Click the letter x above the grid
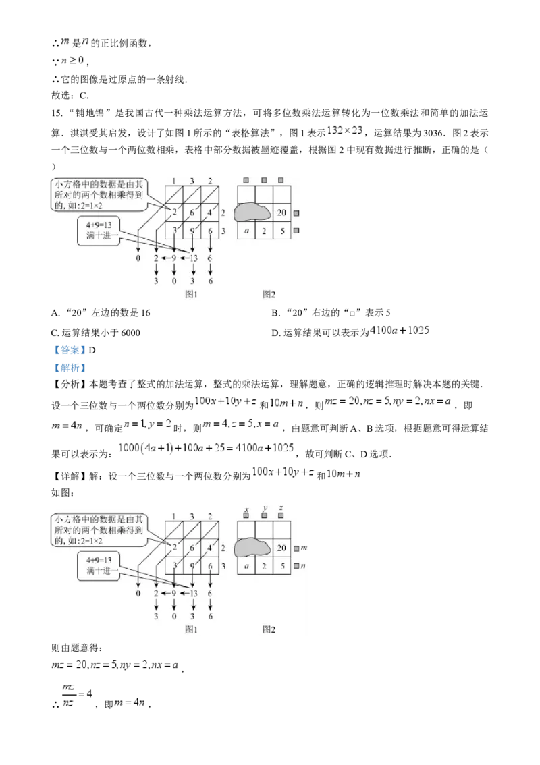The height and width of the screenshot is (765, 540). [246, 507]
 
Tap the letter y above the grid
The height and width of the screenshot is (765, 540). [265, 507]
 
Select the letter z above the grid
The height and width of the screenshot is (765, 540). [281, 507]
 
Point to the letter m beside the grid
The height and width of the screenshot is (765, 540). [303, 548]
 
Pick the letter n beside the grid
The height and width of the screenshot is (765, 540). [303, 567]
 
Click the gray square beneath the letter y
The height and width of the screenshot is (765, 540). [265, 515]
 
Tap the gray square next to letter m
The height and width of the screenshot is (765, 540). [296, 548]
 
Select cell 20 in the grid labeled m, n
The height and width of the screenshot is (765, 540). [282, 548]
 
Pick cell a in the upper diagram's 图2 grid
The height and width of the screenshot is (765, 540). [246, 231]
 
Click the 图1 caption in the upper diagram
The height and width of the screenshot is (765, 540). [191, 294]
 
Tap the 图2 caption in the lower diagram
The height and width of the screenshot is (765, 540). [269, 629]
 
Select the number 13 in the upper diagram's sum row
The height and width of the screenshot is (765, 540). [194, 258]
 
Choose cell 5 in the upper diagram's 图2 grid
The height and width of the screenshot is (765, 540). [282, 231]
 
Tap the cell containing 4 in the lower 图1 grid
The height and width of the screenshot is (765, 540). [209, 548]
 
